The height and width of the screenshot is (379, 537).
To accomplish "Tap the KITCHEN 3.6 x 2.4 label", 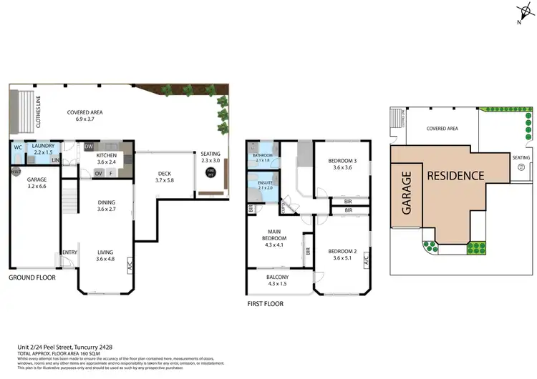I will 107,159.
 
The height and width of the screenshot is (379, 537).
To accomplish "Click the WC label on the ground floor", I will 17,149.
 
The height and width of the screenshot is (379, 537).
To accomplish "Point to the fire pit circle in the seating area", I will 211,171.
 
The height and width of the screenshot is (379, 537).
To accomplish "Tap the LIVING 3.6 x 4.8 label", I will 105,255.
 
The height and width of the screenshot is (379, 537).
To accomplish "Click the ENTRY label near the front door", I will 69,252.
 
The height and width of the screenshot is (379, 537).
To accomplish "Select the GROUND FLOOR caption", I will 32,277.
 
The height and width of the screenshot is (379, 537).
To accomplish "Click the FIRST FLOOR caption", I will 264,304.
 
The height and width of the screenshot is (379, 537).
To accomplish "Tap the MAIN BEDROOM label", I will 275,237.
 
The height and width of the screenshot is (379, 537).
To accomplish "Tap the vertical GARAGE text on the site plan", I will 406,193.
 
